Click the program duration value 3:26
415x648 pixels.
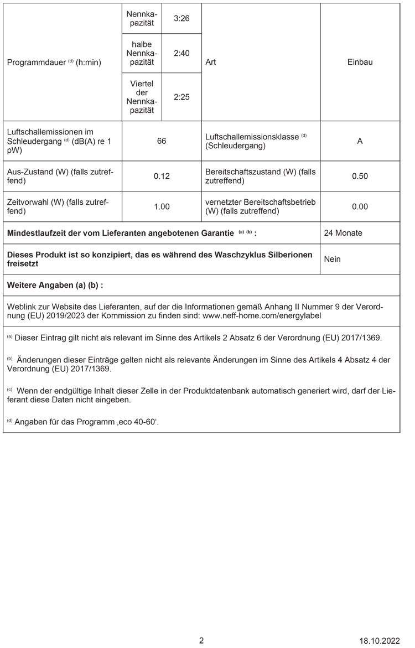[x=181, y=18]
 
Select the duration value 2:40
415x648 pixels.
[x=181, y=53]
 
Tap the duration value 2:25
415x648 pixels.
[x=181, y=96]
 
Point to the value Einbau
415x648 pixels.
[x=360, y=62]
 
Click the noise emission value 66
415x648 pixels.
[x=162, y=141]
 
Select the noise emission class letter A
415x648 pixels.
[x=360, y=141]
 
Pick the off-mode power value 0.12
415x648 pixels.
[x=162, y=176]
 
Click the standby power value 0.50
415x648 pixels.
[x=360, y=176]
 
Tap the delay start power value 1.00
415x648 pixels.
[x=162, y=206]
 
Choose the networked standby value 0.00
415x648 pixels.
[x=360, y=206]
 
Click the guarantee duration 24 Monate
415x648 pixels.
[x=343, y=233]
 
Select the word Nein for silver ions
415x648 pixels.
[x=332, y=259]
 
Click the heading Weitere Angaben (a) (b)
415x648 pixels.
[x=55, y=285]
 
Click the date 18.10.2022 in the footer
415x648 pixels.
[x=379, y=641]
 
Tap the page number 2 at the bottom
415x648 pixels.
[x=201, y=640]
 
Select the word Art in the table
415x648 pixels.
[x=210, y=62]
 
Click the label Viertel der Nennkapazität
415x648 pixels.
[x=142, y=96]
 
